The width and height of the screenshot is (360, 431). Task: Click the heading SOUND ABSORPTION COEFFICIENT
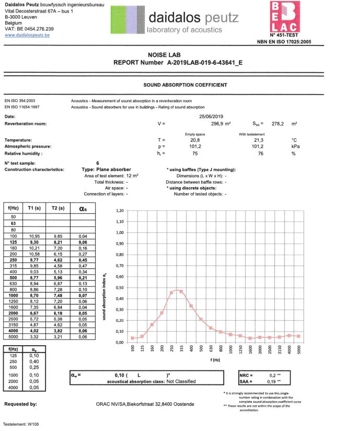(185, 85)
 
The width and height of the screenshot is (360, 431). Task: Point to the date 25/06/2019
(212, 116)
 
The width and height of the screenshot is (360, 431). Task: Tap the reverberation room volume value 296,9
(217, 124)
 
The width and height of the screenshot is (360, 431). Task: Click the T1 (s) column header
(33, 208)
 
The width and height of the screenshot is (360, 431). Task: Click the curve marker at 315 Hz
(181, 291)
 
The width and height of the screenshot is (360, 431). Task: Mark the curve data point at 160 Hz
(152, 325)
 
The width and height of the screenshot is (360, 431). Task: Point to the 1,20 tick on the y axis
(120, 211)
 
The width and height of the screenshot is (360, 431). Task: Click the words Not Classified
(181, 382)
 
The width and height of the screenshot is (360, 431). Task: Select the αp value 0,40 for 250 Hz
(34, 361)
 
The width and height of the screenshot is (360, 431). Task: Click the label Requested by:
(20, 404)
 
